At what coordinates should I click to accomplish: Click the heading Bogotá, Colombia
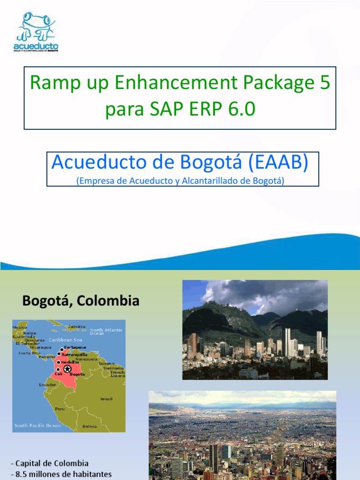[81, 300]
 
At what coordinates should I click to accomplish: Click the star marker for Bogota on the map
[67, 368]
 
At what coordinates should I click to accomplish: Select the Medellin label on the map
[70, 362]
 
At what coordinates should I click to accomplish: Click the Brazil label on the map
[106, 399]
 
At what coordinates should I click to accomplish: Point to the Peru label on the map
[60, 409]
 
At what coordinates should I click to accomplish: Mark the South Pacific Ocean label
[37, 426]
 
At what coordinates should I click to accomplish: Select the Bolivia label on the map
[90, 426]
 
